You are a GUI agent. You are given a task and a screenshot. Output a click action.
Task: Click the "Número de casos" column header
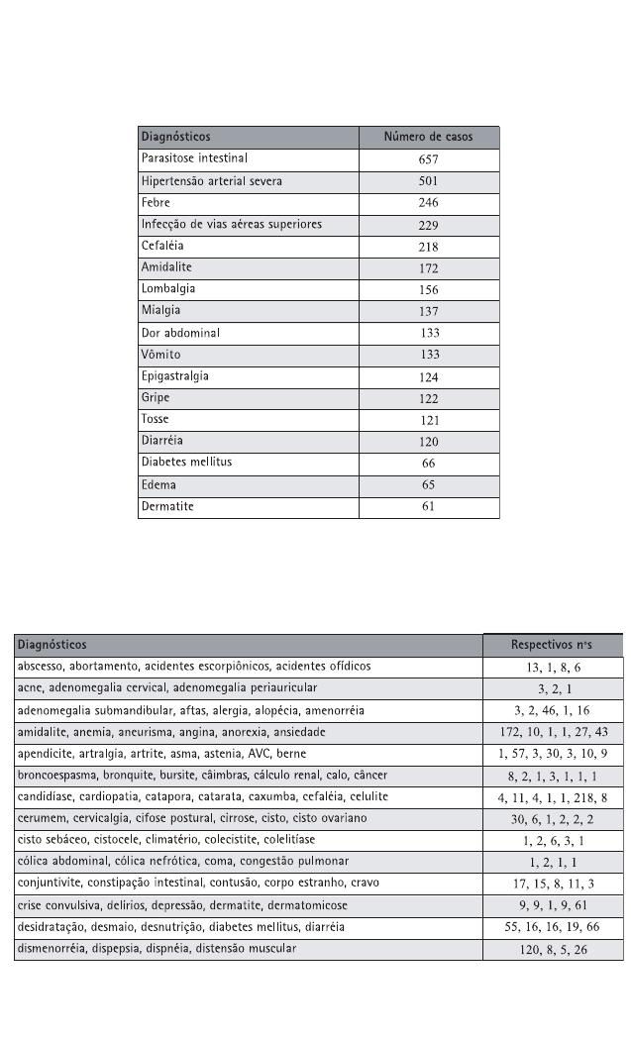pyautogui.click(x=428, y=137)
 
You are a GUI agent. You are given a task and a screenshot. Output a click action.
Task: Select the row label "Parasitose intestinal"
pyautogui.click(x=194, y=158)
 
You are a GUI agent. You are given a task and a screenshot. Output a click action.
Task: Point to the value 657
pyautogui.click(x=428, y=159)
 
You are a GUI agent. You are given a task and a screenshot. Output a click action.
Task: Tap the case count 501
pyautogui.click(x=428, y=181)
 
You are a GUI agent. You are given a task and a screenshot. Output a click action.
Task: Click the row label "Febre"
pyautogui.click(x=157, y=202)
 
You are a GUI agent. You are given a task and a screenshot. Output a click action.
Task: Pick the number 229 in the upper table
pyautogui.click(x=428, y=225)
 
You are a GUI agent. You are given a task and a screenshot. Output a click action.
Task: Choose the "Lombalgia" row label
pyautogui.click(x=168, y=289)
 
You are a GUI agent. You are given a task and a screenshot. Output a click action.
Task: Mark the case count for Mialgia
pyautogui.click(x=428, y=312)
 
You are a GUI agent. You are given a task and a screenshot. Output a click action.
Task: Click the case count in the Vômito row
pyautogui.click(x=429, y=356)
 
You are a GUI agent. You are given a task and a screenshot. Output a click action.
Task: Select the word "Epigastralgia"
pyautogui.click(x=175, y=376)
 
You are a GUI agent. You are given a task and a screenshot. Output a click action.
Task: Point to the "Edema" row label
pyautogui.click(x=158, y=484)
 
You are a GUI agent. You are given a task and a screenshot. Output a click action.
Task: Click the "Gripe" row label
pyautogui.click(x=157, y=398)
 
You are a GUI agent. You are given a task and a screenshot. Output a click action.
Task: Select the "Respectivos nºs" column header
pyautogui.click(x=552, y=645)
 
